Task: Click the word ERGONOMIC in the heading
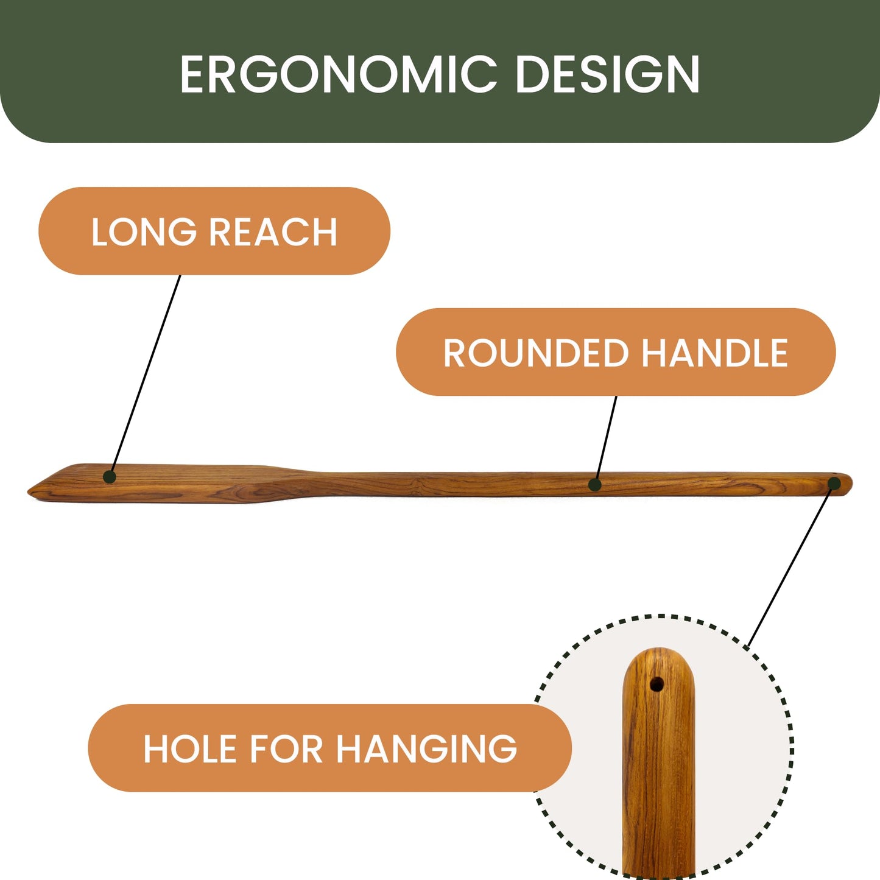339,74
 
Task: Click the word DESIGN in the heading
608,74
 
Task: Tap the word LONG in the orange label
144,232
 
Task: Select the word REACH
273,232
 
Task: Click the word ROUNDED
536,353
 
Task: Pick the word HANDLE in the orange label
715,353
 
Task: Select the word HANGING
427,749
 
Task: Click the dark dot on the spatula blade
110,477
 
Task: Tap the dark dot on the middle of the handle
594,485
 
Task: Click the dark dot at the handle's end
834,484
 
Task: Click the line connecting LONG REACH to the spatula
145,376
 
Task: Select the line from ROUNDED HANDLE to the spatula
605,440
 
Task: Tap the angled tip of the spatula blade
30,492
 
